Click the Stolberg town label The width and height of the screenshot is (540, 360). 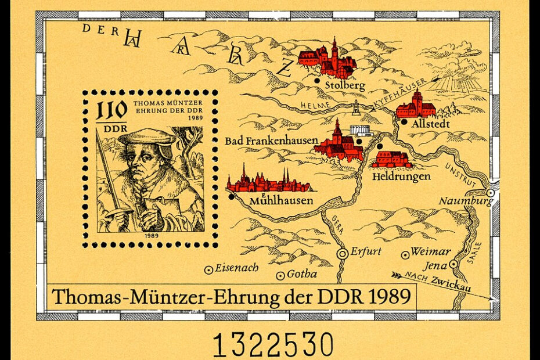345,86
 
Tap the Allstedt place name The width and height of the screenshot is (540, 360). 430,124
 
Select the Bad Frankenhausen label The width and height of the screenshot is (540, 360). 271,140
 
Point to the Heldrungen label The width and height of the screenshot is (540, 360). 401,175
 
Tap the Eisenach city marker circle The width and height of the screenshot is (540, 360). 208,269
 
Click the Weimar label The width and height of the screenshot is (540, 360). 430,252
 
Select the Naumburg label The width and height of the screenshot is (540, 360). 465,201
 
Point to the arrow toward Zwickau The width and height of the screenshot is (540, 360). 401,274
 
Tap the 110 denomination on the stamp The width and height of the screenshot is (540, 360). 108,110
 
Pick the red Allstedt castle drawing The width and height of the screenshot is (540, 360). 416,106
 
